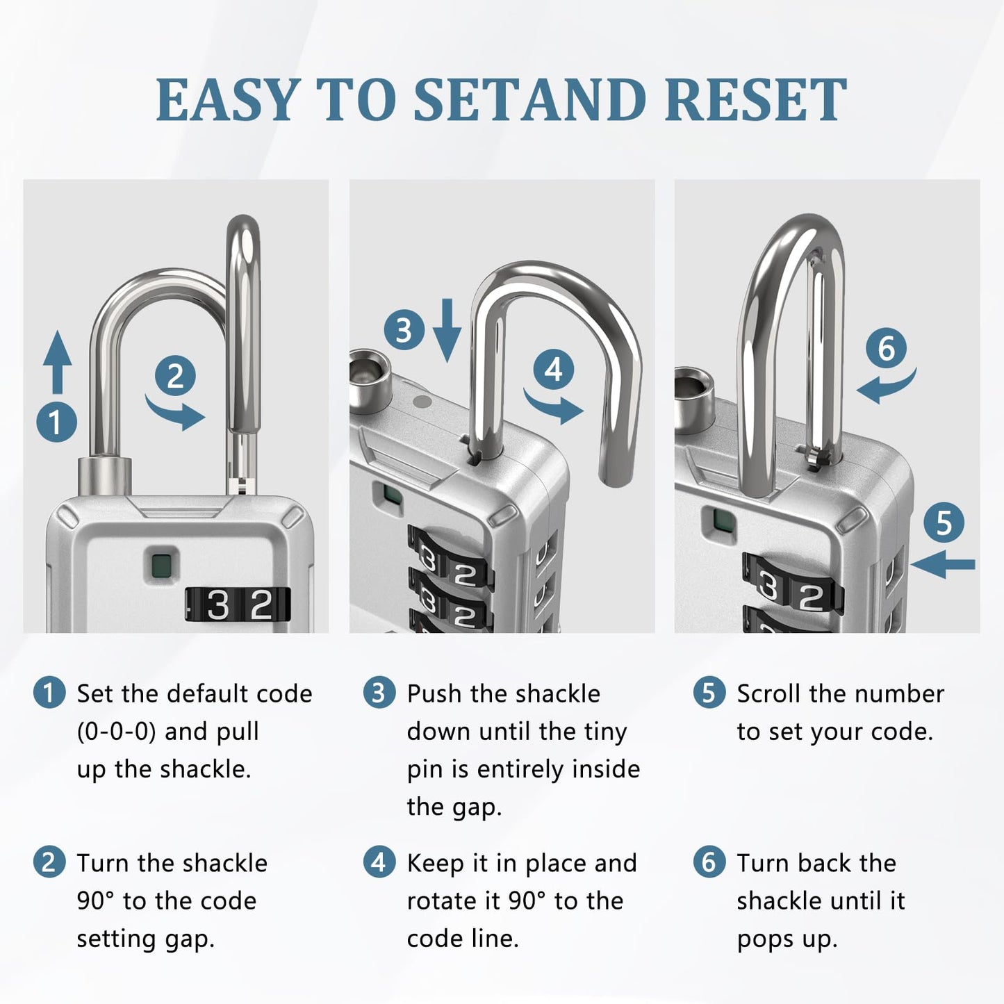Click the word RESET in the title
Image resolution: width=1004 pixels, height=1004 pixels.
pyautogui.click(x=755, y=101)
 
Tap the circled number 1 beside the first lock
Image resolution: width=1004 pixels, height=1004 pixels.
pyautogui.click(x=56, y=422)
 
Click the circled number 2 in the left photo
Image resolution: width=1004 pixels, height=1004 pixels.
pyautogui.click(x=175, y=376)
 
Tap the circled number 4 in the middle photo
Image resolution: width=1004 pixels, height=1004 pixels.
pyautogui.click(x=554, y=370)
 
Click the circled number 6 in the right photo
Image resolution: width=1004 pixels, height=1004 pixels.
pyautogui.click(x=887, y=347)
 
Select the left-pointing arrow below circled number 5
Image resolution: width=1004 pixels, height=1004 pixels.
pyautogui.click(x=944, y=565)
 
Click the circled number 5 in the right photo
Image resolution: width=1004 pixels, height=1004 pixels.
pyautogui.click(x=944, y=522)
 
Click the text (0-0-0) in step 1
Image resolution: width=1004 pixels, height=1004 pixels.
pyautogui.click(x=116, y=732)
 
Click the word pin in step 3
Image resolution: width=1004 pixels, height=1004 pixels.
pyautogui.click(x=425, y=770)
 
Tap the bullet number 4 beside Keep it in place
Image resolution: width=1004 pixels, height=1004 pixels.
pyautogui.click(x=379, y=863)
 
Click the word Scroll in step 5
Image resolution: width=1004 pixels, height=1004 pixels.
pyautogui.click(x=768, y=693)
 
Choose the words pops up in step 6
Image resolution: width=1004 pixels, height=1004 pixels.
pyautogui.click(x=787, y=939)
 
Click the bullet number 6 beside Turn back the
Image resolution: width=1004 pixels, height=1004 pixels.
pyautogui.click(x=709, y=863)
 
